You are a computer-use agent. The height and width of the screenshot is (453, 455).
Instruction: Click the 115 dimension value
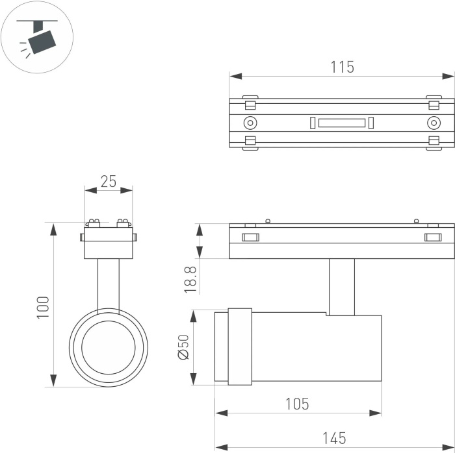click(x=343, y=67)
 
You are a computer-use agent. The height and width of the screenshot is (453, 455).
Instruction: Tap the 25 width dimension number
click(x=109, y=181)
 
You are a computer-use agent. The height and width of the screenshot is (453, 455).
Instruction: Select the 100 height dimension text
click(x=43, y=308)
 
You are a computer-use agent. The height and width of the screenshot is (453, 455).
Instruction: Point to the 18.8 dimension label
click(x=190, y=280)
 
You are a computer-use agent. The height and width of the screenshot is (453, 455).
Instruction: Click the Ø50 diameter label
click(x=183, y=347)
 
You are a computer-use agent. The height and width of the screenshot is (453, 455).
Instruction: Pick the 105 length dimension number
click(x=298, y=404)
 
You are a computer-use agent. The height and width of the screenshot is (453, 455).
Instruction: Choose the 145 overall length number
click(x=335, y=438)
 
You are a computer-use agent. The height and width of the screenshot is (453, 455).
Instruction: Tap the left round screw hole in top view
click(x=250, y=123)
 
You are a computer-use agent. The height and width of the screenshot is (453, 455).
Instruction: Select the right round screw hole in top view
click(x=434, y=123)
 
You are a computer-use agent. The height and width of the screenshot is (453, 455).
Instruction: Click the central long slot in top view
click(x=342, y=123)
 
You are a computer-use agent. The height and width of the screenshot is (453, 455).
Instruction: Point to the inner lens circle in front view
click(x=109, y=348)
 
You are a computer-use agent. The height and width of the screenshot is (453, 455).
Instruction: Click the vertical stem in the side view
click(x=342, y=287)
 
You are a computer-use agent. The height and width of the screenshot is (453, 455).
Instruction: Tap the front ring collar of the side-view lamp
click(x=240, y=347)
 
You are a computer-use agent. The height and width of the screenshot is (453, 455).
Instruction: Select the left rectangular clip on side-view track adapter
click(x=250, y=238)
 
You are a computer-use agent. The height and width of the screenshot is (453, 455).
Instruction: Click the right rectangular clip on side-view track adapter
click(x=433, y=238)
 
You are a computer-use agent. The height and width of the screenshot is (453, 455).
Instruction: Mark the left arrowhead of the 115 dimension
click(x=235, y=77)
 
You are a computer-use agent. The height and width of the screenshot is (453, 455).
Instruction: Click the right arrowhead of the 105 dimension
click(x=375, y=413)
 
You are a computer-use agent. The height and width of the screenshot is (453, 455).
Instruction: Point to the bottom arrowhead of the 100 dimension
click(x=53, y=380)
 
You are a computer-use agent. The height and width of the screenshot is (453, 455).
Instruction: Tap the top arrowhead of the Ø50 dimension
click(x=193, y=316)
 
